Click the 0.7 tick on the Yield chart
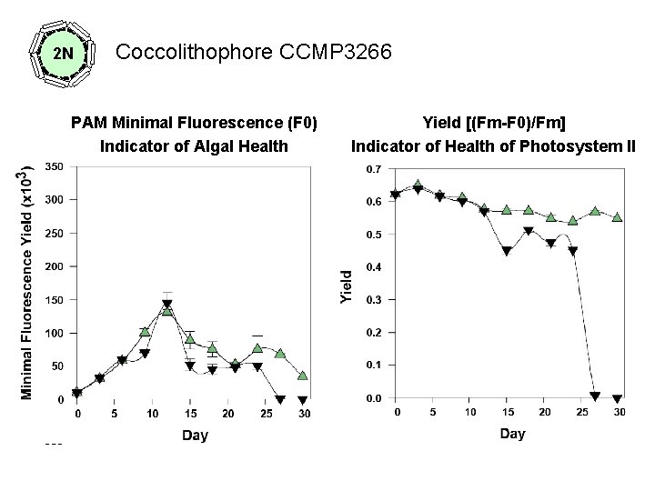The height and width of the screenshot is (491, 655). [373, 169]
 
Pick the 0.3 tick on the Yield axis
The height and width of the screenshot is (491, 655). [373, 300]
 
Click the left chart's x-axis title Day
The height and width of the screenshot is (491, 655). [195, 435]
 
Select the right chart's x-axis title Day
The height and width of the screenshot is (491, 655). [512, 433]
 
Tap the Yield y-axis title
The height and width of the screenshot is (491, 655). [347, 286]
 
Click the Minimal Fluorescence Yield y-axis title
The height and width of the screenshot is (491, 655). [28, 281]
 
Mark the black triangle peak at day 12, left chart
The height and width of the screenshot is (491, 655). [167, 305]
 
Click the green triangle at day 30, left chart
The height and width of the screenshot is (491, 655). [303, 376]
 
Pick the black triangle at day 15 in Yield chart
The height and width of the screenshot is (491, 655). [507, 252]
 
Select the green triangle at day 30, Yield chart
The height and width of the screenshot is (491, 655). [618, 217]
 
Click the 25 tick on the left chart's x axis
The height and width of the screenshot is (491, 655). [266, 414]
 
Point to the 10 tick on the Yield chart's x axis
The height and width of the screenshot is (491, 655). [470, 412]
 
